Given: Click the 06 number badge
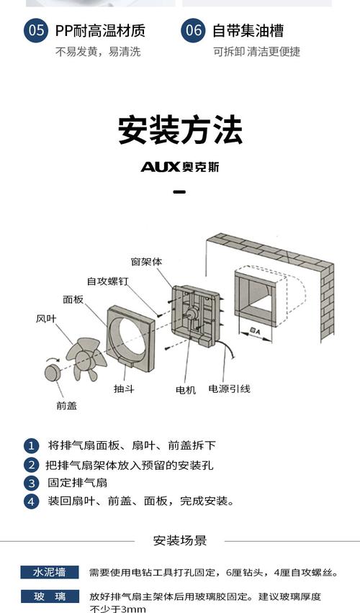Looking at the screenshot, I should click(x=194, y=31).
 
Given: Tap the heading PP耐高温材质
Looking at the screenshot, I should click(x=100, y=31).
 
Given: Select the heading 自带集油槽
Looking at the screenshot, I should click(x=248, y=31).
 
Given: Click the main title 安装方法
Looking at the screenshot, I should click(x=180, y=130).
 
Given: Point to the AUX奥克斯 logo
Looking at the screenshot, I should click(x=180, y=167).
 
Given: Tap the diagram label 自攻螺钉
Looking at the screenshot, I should click(x=107, y=281).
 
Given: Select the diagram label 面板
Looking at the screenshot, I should click(x=73, y=299).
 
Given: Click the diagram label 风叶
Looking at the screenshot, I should click(x=46, y=318).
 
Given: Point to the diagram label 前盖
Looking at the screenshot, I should click(x=66, y=405).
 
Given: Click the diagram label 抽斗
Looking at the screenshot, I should click(x=123, y=389).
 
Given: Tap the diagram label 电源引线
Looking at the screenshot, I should click(x=229, y=389).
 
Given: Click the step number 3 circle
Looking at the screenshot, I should click(x=31, y=483).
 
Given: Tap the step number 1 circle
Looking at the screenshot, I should click(x=31, y=445).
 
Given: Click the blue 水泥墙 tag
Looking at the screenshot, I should click(x=49, y=573).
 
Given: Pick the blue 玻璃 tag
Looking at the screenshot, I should click(x=49, y=596).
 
